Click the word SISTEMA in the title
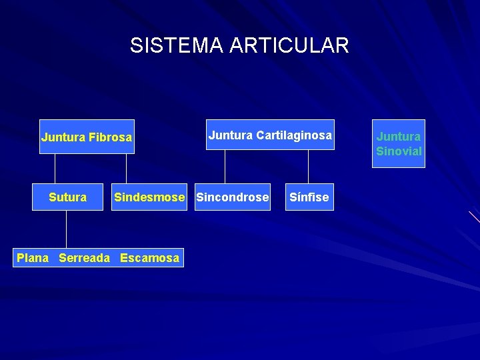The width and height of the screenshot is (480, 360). click(x=177, y=45)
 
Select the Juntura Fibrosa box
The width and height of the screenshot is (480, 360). click(x=87, y=137)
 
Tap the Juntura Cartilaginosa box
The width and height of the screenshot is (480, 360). click(x=270, y=135)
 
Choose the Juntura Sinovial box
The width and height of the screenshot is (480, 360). click(x=399, y=143)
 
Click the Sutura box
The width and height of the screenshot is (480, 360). click(x=67, y=197)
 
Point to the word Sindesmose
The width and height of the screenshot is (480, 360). click(x=149, y=197)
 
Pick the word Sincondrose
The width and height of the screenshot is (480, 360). click(x=233, y=197)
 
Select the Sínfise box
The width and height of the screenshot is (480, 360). click(x=309, y=197)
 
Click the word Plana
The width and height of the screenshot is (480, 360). click(x=33, y=257)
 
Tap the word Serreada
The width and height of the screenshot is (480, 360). click(x=84, y=257)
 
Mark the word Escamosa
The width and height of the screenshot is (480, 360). click(x=150, y=257)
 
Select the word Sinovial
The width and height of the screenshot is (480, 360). click(x=399, y=151)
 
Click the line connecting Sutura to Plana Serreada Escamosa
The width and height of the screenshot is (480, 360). click(x=67, y=230)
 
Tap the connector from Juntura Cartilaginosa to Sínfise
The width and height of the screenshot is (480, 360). click(x=309, y=167)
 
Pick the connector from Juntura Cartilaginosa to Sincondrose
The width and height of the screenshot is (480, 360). click(x=225, y=167)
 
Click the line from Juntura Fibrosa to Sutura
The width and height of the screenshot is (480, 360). click(x=67, y=169)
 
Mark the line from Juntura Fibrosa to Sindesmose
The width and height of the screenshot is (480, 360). click(x=126, y=169)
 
